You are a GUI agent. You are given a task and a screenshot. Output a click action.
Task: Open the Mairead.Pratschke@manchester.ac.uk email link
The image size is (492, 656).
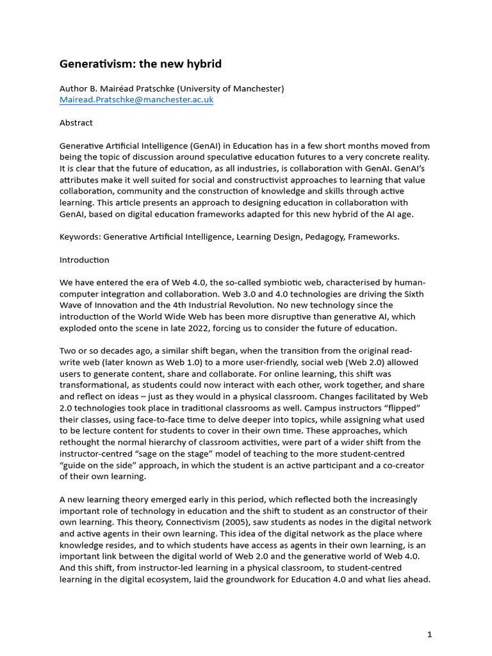tap(136, 100)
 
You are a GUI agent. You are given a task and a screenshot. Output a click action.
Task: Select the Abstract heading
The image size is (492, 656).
tap(76, 122)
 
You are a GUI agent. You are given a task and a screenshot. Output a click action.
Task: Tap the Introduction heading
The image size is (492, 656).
tap(85, 260)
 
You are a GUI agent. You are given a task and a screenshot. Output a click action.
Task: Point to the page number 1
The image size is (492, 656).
tap(430, 635)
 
